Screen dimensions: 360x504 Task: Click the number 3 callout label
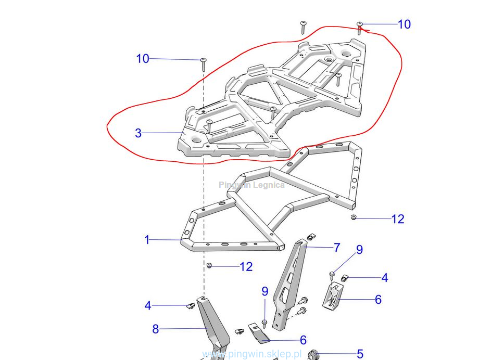coord(138,133)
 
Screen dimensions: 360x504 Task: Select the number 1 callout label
coord(147,240)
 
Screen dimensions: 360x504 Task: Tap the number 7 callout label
coord(337,247)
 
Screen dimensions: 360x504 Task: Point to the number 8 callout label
coord(155,329)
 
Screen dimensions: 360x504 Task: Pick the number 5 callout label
coord(360,354)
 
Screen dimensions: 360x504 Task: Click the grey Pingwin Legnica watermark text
coord(251,185)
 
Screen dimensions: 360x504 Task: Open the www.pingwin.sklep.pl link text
coord(252,354)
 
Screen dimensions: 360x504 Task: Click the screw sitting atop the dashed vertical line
coord(204,64)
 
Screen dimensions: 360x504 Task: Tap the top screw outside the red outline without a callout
coord(303,27)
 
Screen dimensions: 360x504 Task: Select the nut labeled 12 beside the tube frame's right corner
coord(354,217)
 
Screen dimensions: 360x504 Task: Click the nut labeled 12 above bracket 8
coord(209,266)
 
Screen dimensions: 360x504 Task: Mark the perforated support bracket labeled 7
coord(290,284)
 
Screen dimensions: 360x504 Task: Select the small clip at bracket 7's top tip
coord(311,237)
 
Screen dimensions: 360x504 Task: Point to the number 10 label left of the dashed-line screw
coord(143,59)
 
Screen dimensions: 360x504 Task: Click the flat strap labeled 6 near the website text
coord(259,332)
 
